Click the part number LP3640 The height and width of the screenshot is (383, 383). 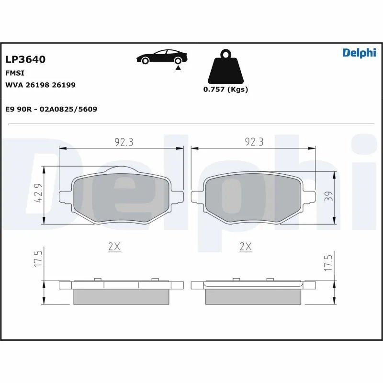(x=25, y=60)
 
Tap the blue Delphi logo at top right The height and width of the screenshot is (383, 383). (x=359, y=53)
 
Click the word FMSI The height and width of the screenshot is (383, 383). (x=15, y=73)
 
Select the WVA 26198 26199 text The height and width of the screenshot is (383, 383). (x=40, y=85)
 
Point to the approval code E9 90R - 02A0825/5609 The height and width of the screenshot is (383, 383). (x=51, y=109)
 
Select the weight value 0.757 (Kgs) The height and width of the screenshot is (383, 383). (x=225, y=90)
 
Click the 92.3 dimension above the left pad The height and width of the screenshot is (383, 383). (x=124, y=142)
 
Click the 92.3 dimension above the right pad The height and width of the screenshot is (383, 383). (x=254, y=142)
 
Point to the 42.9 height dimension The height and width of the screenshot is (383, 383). (x=40, y=193)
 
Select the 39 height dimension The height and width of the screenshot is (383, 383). (x=328, y=197)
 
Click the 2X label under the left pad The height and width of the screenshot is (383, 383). (x=114, y=247)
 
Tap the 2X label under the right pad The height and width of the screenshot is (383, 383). (x=245, y=247)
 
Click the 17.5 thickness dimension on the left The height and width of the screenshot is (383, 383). (x=40, y=259)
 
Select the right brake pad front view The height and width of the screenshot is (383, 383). (x=253, y=197)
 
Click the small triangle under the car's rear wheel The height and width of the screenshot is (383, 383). (x=178, y=68)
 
